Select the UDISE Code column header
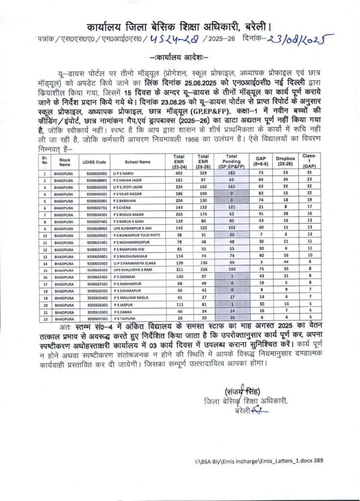tap(95, 162)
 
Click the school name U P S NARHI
tap(124, 173)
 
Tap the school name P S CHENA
tap(123, 207)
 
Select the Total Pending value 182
tap(231, 173)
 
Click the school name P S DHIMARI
tap(124, 277)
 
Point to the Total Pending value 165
tap(231, 270)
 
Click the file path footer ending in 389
tap(259, 460)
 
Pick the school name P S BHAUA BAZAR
tap(128, 214)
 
